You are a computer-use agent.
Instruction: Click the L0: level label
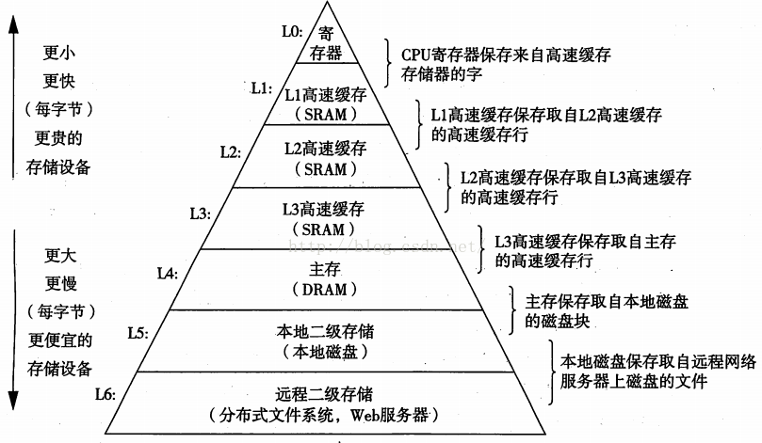292,32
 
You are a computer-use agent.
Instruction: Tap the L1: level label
262,88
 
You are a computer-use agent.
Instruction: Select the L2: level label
231,151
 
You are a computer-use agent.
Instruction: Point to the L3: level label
201,214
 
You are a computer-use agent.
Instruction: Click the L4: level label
168,274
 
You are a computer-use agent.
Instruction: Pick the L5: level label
138,333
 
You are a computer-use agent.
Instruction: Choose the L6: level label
105,394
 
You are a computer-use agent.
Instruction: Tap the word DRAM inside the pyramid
325,290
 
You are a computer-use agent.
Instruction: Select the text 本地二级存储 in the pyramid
325,331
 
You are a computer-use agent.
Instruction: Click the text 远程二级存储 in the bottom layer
324,394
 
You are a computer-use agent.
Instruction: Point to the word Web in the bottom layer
365,415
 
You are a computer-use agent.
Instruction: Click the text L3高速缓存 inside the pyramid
324,209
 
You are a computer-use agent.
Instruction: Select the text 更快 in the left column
58,81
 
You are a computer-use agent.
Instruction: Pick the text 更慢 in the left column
60,283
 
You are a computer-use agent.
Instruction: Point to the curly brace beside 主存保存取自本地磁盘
512,310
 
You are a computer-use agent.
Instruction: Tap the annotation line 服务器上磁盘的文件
633,381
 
